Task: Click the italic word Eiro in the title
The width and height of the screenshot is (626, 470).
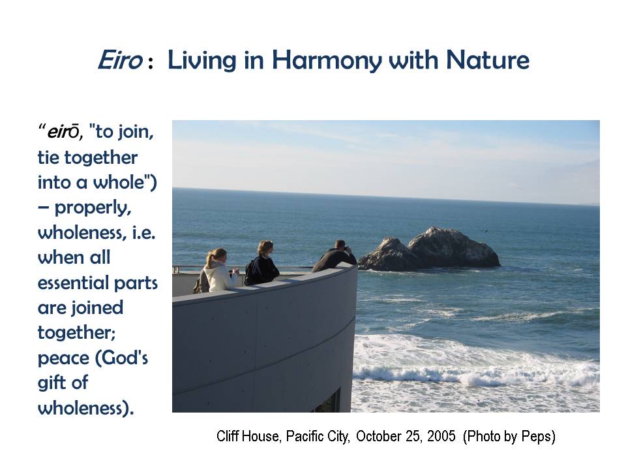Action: pos(120,60)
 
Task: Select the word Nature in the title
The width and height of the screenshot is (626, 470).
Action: pos(488,60)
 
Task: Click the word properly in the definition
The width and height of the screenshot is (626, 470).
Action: pos(93,208)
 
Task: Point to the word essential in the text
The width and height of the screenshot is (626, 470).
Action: pos(74,283)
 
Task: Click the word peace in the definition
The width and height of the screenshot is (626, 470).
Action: pos(63,358)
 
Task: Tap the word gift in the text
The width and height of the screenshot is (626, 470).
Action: pos(51,383)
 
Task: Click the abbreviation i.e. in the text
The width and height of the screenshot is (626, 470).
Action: pos(143,232)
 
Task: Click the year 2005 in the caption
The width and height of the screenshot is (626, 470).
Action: pos(441,435)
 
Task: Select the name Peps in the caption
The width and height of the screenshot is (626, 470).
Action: pos(537,437)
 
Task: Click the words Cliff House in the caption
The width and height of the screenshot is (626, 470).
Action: pos(248,436)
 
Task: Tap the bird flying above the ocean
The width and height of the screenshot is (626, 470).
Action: pos(486,231)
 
